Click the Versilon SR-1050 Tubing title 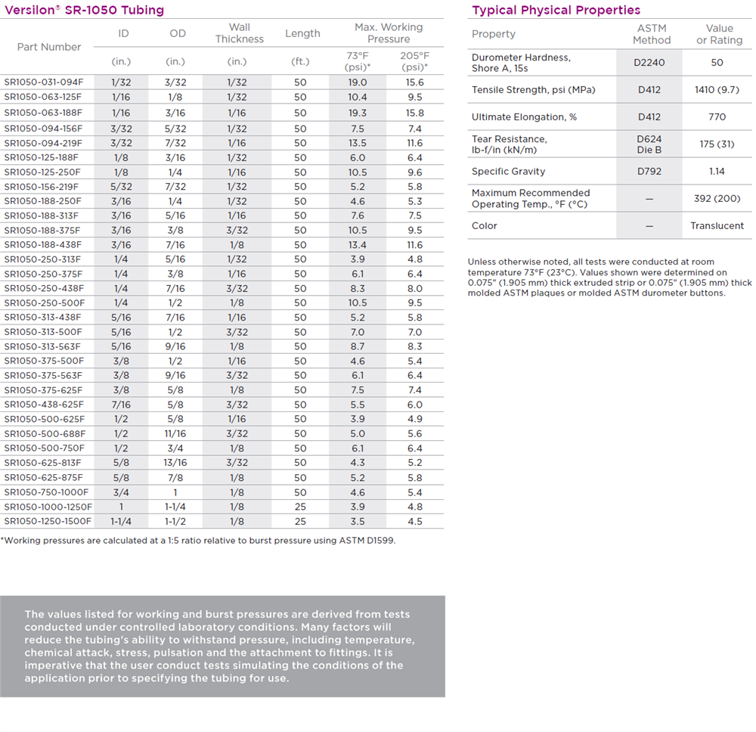[84, 10]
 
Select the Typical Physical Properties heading [556, 10]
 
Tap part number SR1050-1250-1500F [48, 521]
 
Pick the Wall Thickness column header [239, 33]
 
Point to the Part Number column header [49, 47]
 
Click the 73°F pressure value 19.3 [358, 112]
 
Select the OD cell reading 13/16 [175, 463]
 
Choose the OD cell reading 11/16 [175, 434]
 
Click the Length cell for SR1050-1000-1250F [300, 507]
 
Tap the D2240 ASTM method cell [649, 63]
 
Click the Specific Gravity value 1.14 [717, 172]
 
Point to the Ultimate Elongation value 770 [717, 117]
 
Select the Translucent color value [717, 226]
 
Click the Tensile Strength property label [522, 90]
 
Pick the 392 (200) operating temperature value [717, 199]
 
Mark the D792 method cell [649, 172]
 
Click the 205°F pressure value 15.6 [414, 82]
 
